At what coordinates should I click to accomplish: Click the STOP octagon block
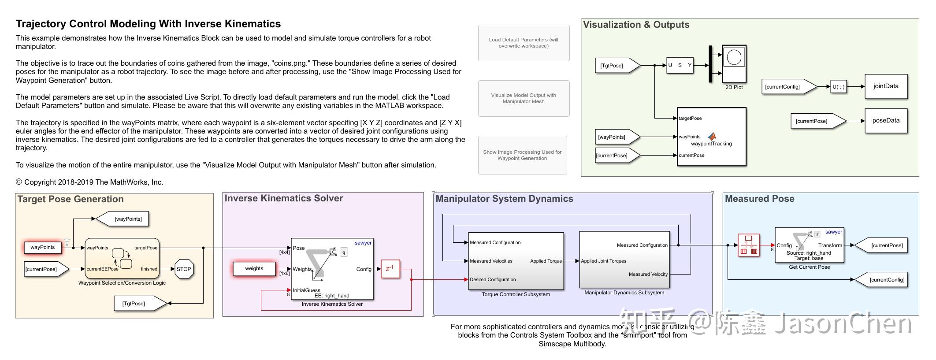click(x=184, y=269)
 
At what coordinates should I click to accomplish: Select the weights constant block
click(x=254, y=268)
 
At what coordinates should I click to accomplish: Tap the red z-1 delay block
click(x=390, y=269)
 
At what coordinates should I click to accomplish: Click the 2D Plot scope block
click(x=734, y=64)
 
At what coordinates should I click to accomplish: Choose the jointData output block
click(x=886, y=86)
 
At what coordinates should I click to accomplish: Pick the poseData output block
click(x=886, y=121)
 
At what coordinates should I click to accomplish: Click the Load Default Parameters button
click(x=524, y=43)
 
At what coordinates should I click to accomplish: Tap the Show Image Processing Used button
click(x=522, y=155)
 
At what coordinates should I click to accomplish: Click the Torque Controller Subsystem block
click(x=516, y=261)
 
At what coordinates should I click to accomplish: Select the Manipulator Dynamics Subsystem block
click(x=624, y=260)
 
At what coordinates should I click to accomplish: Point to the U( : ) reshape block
click(x=838, y=87)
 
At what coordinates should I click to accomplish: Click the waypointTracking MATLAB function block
click(x=711, y=137)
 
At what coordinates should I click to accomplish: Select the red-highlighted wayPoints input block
click(x=42, y=247)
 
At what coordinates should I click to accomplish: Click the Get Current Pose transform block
click(x=809, y=245)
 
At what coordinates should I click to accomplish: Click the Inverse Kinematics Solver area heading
click(x=283, y=198)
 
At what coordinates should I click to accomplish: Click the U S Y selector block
click(x=680, y=65)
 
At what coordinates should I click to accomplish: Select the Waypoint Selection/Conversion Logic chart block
click(x=122, y=258)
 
